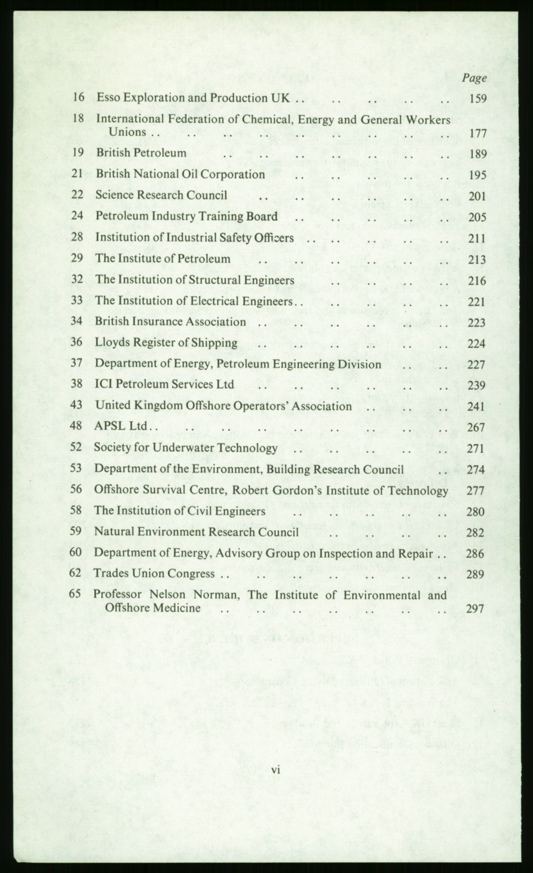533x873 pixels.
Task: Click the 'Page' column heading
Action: point(474,78)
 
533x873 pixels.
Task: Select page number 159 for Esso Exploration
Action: point(478,98)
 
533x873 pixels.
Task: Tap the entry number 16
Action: point(78,97)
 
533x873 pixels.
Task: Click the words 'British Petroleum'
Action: point(141,153)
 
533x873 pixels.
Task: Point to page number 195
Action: point(478,175)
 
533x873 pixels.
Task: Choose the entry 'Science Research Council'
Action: point(161,195)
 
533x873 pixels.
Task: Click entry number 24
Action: point(77,216)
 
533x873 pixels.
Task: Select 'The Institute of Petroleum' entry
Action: point(163,259)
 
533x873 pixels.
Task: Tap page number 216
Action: point(477,281)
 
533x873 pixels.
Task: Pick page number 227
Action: point(477,365)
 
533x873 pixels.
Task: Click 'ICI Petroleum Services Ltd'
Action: point(164,384)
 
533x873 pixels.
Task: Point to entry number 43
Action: point(77,405)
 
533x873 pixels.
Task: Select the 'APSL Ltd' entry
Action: point(122,426)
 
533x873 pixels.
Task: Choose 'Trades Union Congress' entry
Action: point(154,573)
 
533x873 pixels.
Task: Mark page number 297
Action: point(475,609)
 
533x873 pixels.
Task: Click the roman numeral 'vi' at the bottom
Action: point(276,771)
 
